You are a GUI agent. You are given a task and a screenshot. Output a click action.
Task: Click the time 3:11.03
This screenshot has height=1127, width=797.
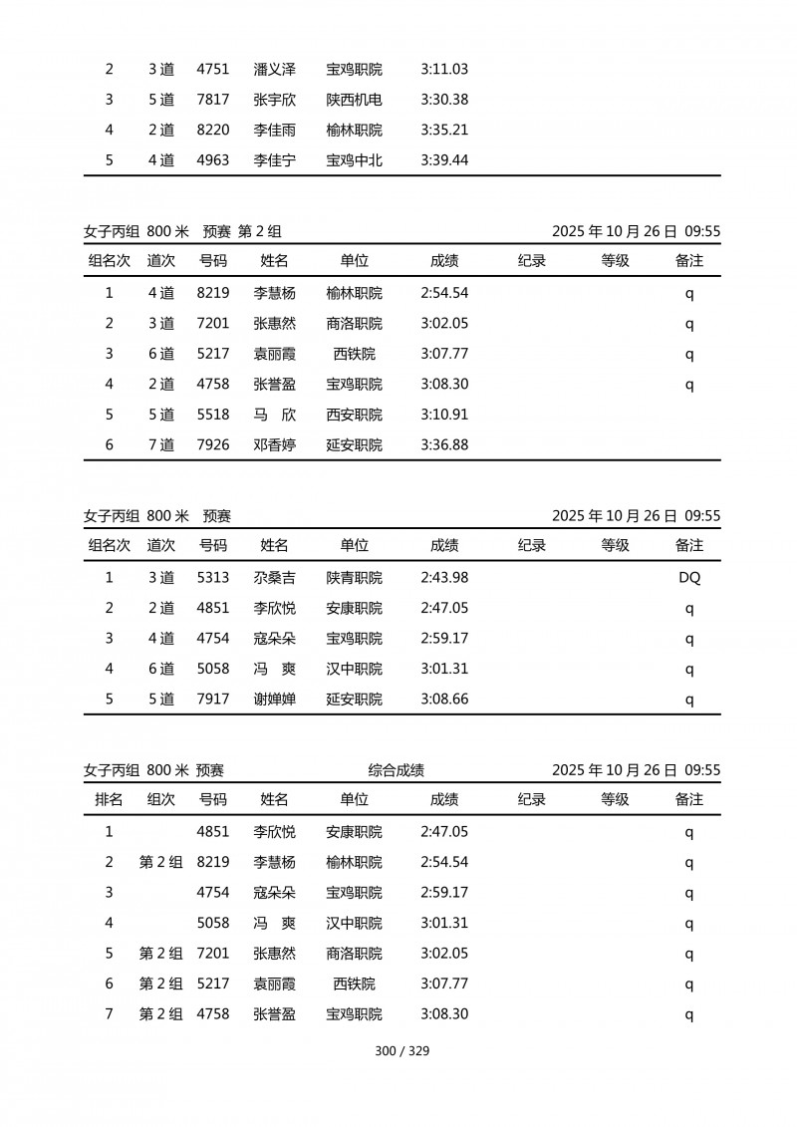coord(444,70)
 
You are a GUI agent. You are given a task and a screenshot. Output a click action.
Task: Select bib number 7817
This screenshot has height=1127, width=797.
coord(213,100)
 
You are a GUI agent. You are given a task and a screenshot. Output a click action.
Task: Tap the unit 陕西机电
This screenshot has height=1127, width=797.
coord(354,100)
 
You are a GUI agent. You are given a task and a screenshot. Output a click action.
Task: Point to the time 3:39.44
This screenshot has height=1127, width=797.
coord(444,160)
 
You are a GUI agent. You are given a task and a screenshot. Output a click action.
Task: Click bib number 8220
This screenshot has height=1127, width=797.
coord(213,131)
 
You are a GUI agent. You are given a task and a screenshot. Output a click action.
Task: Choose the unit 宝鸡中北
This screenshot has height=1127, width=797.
coord(354,160)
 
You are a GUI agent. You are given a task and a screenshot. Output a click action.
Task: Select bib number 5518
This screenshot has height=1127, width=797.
coord(213,415)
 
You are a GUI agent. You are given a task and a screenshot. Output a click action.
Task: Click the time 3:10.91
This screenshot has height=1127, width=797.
coord(444,415)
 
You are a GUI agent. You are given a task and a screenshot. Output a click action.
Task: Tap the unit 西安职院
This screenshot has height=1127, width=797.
coord(354,415)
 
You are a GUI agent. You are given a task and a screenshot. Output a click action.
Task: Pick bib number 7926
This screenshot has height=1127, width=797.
coord(213,445)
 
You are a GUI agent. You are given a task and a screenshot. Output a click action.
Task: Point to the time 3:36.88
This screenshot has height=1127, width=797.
coord(444,445)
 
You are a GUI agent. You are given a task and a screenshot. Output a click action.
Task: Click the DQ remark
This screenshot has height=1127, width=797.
coord(688,578)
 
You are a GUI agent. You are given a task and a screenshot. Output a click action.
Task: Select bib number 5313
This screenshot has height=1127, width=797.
coord(213,578)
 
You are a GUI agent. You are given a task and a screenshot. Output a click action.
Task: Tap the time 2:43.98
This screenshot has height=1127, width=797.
coord(444,578)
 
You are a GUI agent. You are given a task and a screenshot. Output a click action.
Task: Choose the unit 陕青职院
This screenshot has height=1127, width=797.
coord(354,578)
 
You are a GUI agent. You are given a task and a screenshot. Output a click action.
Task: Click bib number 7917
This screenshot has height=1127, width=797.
coord(213,700)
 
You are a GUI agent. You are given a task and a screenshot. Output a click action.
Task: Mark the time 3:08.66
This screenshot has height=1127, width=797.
coord(444,700)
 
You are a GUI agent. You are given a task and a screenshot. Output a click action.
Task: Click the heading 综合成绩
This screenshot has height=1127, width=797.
coord(397,770)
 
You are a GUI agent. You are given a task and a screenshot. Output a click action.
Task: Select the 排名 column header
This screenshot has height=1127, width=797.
coord(109,799)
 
